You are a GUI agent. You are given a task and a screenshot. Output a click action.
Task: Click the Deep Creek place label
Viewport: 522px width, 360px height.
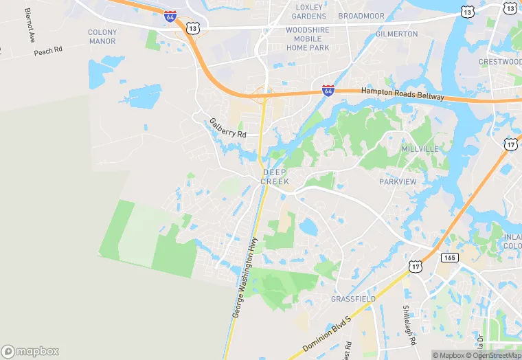275,177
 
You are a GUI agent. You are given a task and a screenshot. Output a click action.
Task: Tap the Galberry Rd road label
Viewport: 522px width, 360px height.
227,128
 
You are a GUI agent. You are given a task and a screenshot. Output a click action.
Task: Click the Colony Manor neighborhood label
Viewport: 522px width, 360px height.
102,36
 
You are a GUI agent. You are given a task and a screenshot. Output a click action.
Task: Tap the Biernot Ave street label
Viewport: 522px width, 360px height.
29,25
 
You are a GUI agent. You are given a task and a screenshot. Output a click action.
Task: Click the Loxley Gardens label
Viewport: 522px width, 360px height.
308,11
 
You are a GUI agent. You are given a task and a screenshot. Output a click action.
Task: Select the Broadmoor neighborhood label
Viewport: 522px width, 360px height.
361,15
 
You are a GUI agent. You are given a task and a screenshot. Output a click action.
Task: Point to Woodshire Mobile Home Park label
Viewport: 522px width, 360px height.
307,39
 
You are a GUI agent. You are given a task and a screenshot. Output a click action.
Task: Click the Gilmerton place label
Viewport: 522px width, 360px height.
396,34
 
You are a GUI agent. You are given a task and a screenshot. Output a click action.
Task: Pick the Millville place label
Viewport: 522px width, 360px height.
420,149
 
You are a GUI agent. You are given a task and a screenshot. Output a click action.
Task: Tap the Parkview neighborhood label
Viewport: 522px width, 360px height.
398,181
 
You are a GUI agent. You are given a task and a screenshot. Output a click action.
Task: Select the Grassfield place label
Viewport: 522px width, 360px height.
353,300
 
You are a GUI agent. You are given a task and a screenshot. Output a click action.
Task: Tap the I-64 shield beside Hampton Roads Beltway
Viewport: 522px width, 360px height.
328,90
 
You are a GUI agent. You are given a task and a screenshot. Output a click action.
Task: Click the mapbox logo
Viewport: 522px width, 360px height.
30,351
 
